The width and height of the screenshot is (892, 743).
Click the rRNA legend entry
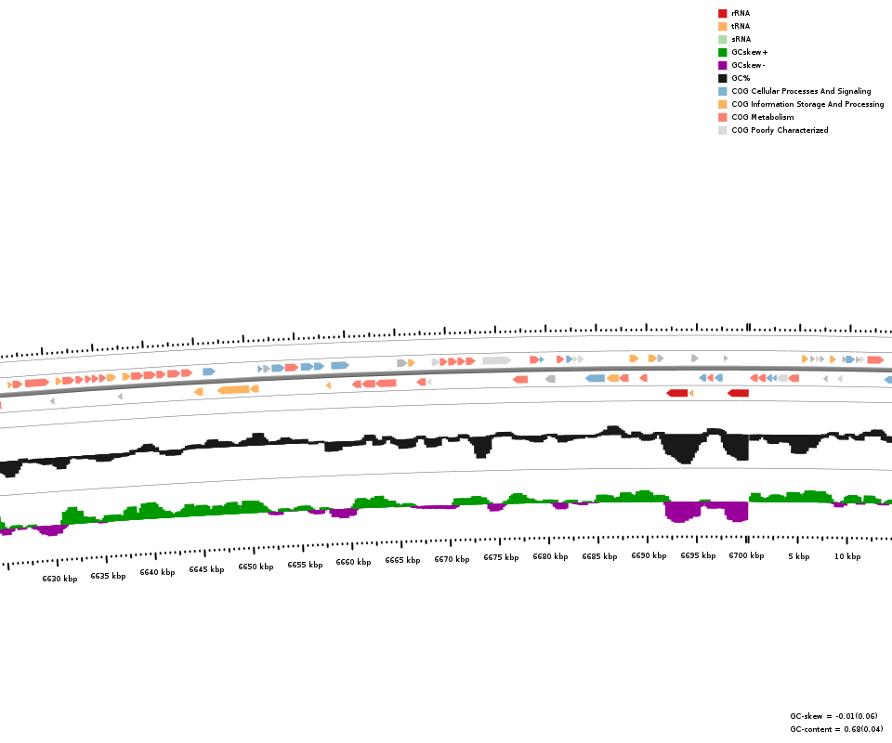pyautogui.click(x=741, y=13)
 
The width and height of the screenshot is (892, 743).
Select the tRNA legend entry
pyautogui.click(x=741, y=26)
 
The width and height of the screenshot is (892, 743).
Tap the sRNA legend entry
pyautogui.click(x=741, y=39)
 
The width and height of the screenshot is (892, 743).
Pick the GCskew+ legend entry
pyautogui.click(x=749, y=52)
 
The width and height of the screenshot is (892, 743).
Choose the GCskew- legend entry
pyautogui.click(x=748, y=65)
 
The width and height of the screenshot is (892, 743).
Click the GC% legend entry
pyautogui.click(x=741, y=78)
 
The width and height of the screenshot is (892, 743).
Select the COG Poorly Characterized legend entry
pyautogui.click(x=780, y=130)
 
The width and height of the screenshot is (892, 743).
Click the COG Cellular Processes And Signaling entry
pyautogui.click(x=801, y=91)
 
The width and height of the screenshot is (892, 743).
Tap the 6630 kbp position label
pyautogui.click(x=59, y=579)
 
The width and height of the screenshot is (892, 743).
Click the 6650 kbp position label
pyautogui.click(x=256, y=567)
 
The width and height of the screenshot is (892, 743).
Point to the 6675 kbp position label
pyautogui.click(x=501, y=557)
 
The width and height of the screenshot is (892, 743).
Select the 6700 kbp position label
pyautogui.click(x=746, y=555)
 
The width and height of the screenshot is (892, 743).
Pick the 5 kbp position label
pyautogui.click(x=798, y=556)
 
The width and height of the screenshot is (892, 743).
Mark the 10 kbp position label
pyautogui.click(x=846, y=556)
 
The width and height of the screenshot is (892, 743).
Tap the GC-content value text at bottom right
pyautogui.click(x=836, y=729)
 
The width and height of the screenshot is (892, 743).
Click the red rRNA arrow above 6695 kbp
pyautogui.click(x=676, y=393)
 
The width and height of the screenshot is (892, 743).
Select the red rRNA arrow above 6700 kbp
pyautogui.click(x=738, y=393)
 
